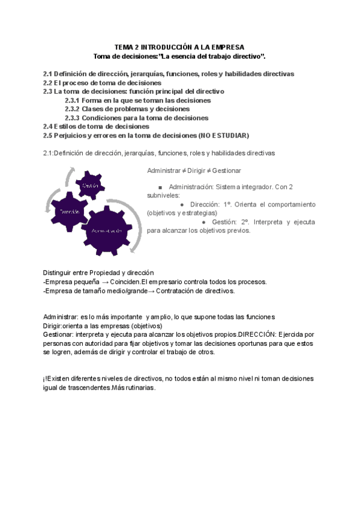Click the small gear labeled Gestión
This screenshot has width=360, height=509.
[90, 185]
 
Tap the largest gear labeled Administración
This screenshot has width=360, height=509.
[107, 230]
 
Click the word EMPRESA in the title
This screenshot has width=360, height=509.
[225, 46]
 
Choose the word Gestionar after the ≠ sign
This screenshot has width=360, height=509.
[227, 170]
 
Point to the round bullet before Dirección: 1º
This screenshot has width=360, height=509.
[182, 203]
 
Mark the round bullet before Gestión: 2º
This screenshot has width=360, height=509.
[204, 221]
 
